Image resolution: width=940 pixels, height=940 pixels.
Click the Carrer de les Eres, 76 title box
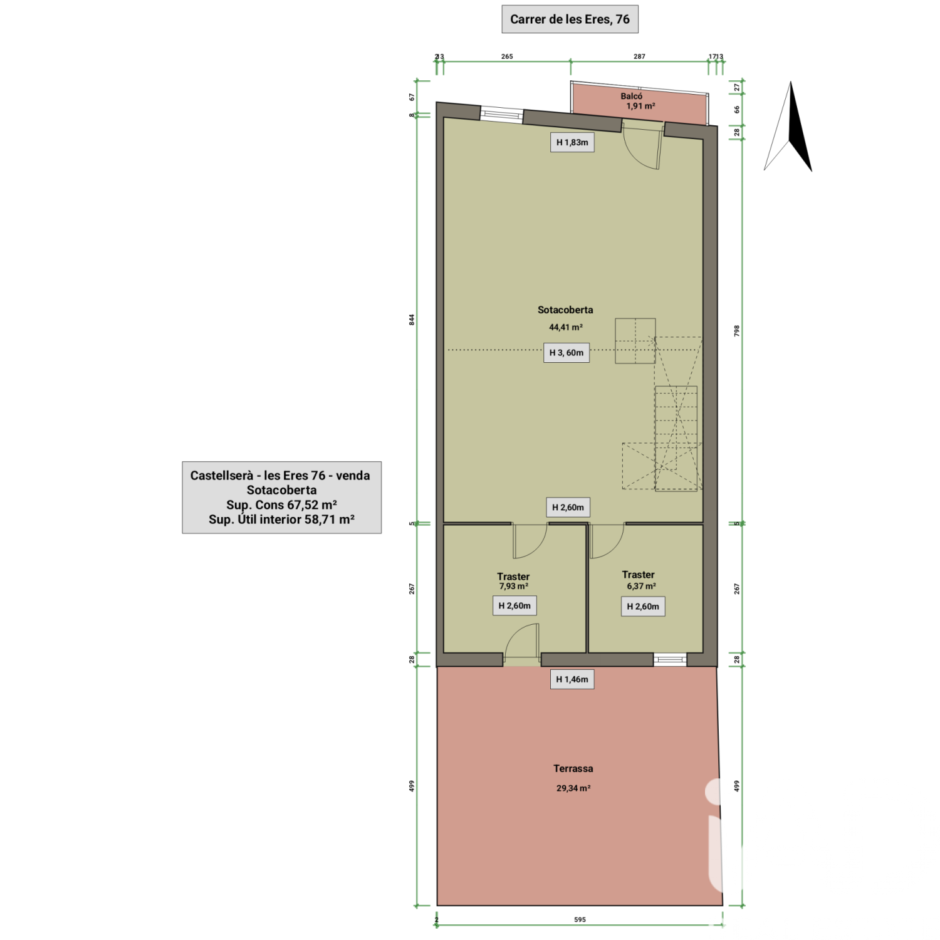[x=570, y=19]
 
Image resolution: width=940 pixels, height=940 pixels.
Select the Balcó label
[x=632, y=96]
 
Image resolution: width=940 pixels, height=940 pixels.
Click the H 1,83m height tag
[x=572, y=142]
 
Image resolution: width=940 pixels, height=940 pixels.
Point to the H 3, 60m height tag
[x=567, y=353]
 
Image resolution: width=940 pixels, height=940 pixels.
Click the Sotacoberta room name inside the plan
[x=565, y=310]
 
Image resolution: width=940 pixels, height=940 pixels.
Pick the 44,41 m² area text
[x=566, y=327]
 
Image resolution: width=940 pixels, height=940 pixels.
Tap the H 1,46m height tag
[x=572, y=679]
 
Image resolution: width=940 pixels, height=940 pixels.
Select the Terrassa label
[x=573, y=768]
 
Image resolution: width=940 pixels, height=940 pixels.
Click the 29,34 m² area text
[x=573, y=788]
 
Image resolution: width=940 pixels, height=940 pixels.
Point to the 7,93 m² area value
[x=513, y=587]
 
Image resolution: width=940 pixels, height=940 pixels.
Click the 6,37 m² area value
[x=641, y=587]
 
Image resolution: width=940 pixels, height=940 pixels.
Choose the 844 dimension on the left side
[x=412, y=320]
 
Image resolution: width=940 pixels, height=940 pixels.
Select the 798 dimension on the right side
[x=737, y=331]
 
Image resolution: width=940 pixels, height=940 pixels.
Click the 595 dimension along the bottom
[x=580, y=920]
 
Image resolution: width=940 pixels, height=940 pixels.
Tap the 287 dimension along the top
[x=639, y=56]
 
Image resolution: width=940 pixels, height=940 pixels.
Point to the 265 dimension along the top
[x=507, y=56]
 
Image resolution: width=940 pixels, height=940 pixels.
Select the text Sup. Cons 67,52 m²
[x=282, y=505]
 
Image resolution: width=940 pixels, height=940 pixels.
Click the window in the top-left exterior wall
[x=501, y=115]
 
